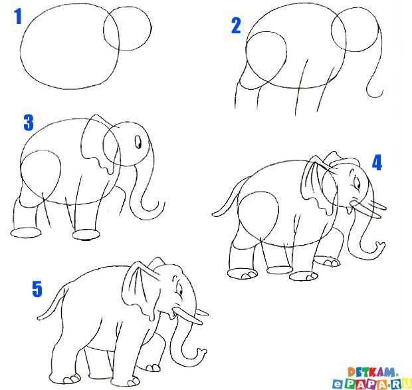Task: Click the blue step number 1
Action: click(x=17, y=17)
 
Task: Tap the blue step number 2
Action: click(x=236, y=25)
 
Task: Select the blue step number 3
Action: click(x=29, y=122)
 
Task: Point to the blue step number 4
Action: click(x=377, y=162)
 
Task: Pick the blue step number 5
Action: click(x=37, y=289)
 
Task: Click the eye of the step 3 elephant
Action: click(x=138, y=142)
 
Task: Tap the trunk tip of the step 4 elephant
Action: click(x=380, y=246)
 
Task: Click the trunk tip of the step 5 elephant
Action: click(x=202, y=352)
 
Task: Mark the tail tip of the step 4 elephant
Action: click(x=214, y=214)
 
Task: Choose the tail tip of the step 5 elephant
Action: click(x=39, y=317)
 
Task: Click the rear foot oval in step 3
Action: click(x=26, y=233)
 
